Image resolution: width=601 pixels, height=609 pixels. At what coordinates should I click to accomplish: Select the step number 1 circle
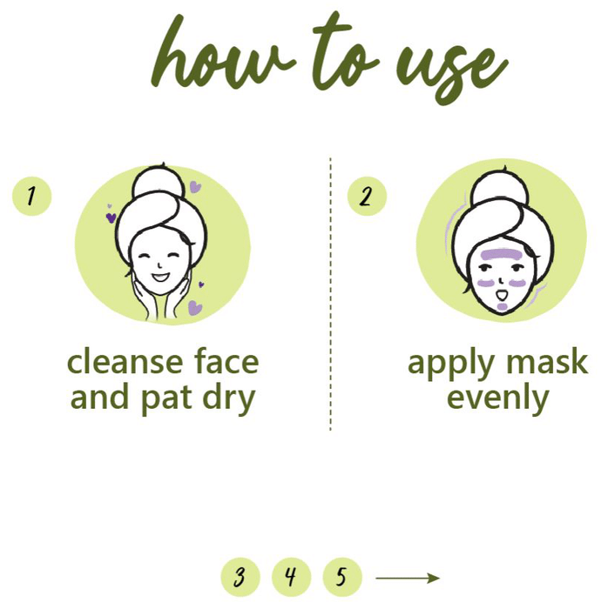click(32, 196)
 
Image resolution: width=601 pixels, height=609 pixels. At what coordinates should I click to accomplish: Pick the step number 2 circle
click(367, 196)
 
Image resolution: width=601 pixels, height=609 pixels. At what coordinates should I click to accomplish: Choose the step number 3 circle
click(240, 577)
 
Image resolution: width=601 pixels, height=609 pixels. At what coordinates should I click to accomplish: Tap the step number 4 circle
click(291, 577)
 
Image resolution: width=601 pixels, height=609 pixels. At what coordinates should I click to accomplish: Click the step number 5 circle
click(342, 577)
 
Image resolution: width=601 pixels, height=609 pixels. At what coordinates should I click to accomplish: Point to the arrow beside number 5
click(408, 578)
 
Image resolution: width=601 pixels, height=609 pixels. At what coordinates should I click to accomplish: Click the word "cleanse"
click(125, 362)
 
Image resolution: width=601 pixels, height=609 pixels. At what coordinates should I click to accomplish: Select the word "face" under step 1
click(226, 361)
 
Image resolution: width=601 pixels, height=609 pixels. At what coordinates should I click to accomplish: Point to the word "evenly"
click(498, 398)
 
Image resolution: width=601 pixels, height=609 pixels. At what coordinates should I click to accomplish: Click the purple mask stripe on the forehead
click(501, 255)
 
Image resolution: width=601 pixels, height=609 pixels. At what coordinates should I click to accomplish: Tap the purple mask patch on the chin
click(503, 307)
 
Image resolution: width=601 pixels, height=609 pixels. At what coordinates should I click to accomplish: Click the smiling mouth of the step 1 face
click(159, 278)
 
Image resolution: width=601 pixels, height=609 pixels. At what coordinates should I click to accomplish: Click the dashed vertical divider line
click(330, 294)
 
